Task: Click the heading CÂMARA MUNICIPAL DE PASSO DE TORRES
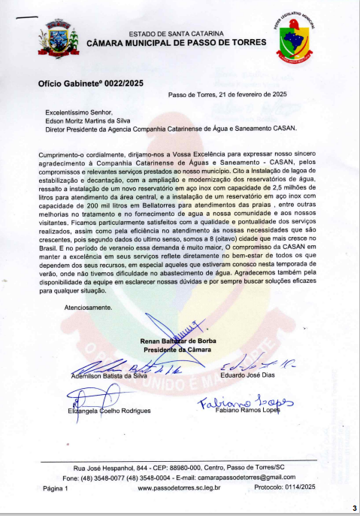176,44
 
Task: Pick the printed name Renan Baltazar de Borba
178,341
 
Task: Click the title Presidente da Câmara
177,350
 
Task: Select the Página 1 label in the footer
56,488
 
